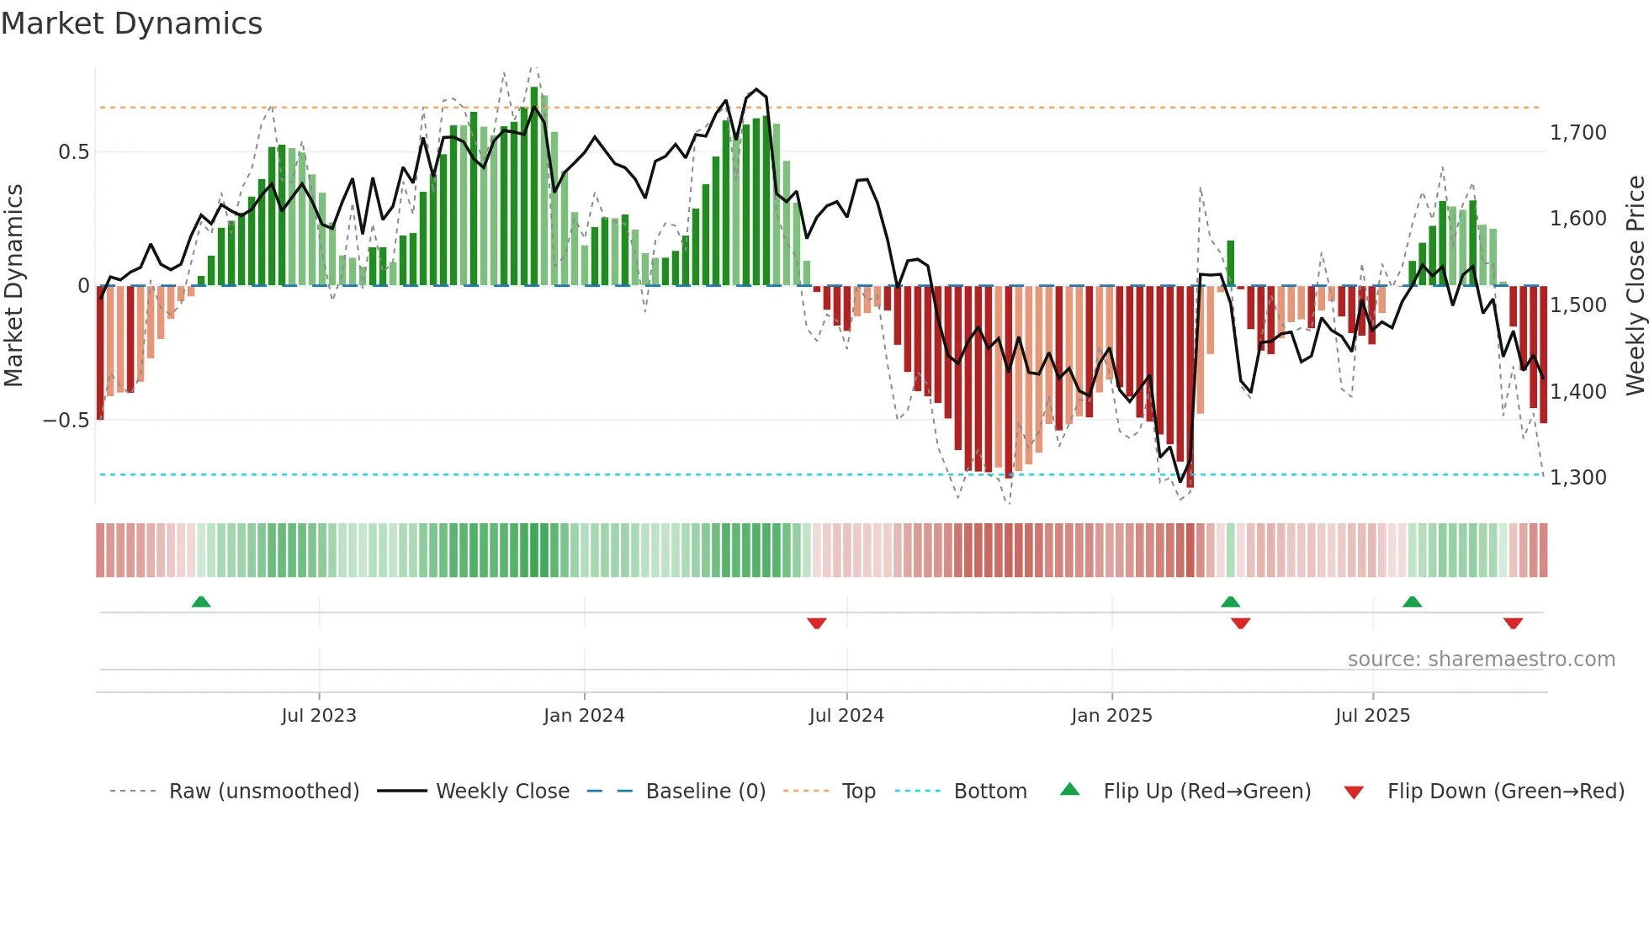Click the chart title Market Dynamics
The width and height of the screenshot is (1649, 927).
[x=132, y=24]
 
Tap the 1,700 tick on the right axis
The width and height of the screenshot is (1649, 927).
[x=1577, y=133]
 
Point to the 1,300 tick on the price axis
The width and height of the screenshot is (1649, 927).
[x=1577, y=478]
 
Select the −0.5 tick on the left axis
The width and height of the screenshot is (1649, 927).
[x=66, y=420]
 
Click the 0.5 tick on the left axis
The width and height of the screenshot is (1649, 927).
[x=73, y=152]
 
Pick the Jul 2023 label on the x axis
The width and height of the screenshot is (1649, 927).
[x=319, y=716]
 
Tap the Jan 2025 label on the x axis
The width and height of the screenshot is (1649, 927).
[x=1111, y=716]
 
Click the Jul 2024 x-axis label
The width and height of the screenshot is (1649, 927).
[x=846, y=716]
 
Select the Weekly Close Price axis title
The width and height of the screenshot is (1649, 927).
[x=1635, y=285]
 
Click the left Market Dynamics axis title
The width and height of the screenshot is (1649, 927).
[x=13, y=285]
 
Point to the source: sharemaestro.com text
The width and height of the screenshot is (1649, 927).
[x=1481, y=659]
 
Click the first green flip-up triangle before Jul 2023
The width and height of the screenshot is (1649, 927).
[x=201, y=602]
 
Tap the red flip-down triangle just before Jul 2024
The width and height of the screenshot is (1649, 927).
[x=816, y=623]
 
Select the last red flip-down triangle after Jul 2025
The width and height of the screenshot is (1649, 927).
[x=1513, y=623]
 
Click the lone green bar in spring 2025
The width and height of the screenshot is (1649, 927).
[x=1230, y=263]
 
